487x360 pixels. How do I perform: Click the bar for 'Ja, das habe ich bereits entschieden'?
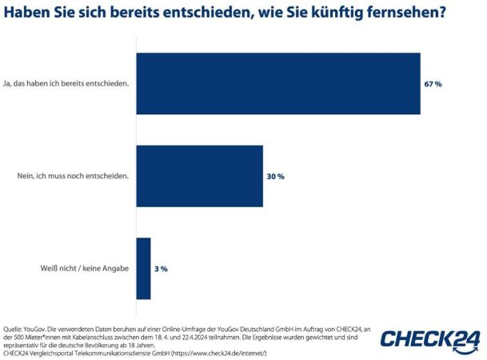[x=278, y=83]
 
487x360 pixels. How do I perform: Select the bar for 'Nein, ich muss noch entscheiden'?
[x=200, y=176]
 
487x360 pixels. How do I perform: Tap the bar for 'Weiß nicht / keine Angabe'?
[x=144, y=268]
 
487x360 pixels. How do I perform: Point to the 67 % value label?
[x=433, y=83]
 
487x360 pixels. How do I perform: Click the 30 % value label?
[x=275, y=176]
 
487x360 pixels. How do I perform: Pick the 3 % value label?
[x=161, y=269]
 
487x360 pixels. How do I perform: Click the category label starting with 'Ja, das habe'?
[x=67, y=83]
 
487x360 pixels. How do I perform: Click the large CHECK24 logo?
[x=430, y=339]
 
